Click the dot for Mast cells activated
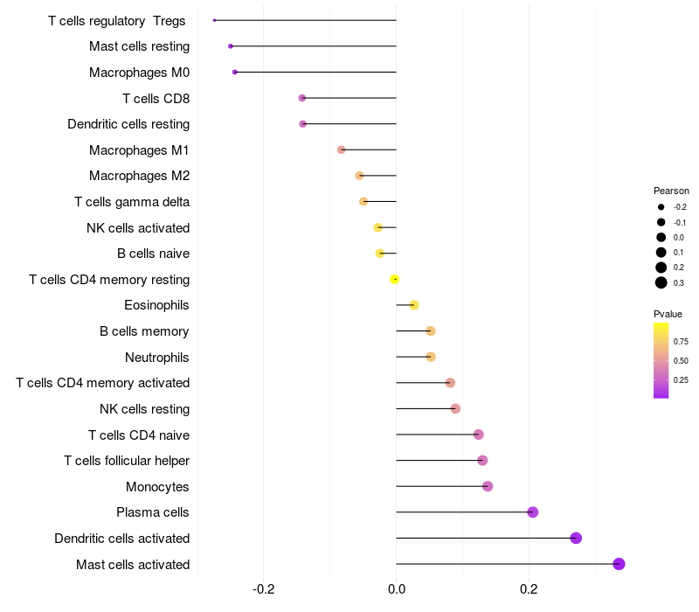(619, 564)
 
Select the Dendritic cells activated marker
(576, 538)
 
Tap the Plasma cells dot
(533, 512)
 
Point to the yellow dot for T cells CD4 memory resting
(395, 279)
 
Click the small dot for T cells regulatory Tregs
(214, 20)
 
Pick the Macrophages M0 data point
(234, 72)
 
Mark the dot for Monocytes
(488, 486)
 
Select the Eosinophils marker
(414, 305)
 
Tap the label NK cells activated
(138, 228)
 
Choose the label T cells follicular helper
(127, 461)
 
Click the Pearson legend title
(671, 191)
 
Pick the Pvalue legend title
(668, 314)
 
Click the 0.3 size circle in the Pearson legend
(661, 282)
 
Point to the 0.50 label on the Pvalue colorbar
(681, 360)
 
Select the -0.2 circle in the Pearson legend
(661, 207)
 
